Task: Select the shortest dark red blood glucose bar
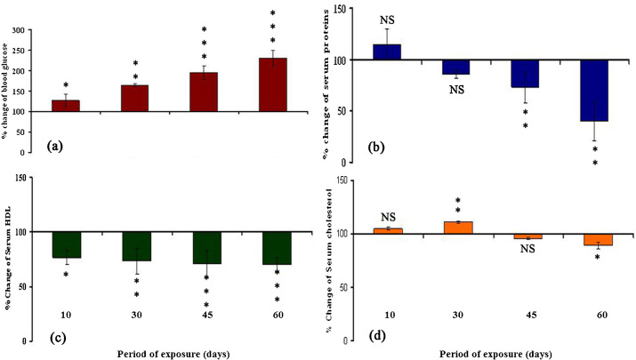click(116, 106)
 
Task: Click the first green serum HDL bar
click(117, 245)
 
